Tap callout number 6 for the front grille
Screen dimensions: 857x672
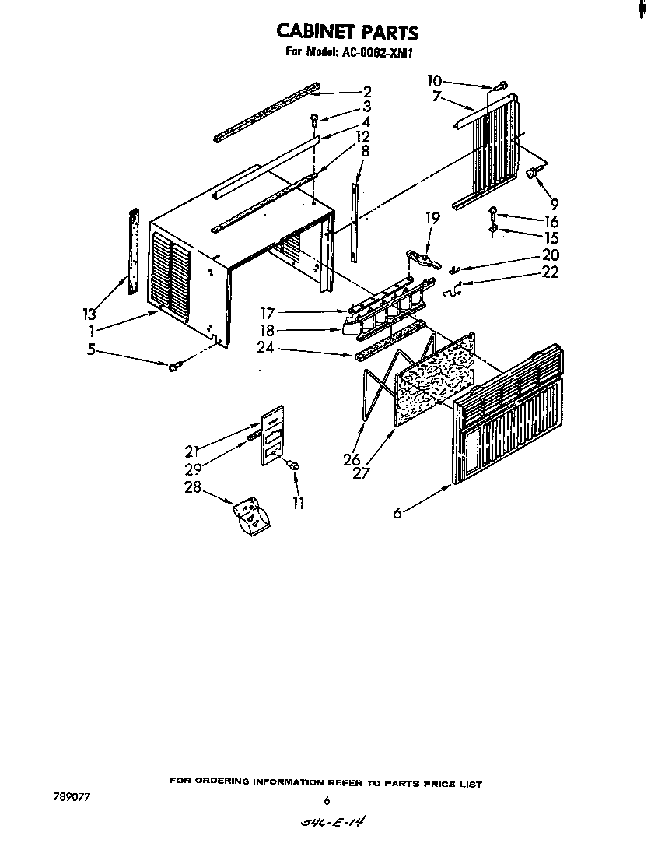tap(397, 512)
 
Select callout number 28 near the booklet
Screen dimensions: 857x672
tap(192, 488)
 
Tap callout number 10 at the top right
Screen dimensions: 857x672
tap(434, 81)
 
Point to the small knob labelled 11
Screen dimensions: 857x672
tap(293, 465)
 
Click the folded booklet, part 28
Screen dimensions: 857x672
tap(251, 516)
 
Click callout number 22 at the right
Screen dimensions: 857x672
tap(551, 272)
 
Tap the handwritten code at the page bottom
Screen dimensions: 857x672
tap(327, 823)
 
